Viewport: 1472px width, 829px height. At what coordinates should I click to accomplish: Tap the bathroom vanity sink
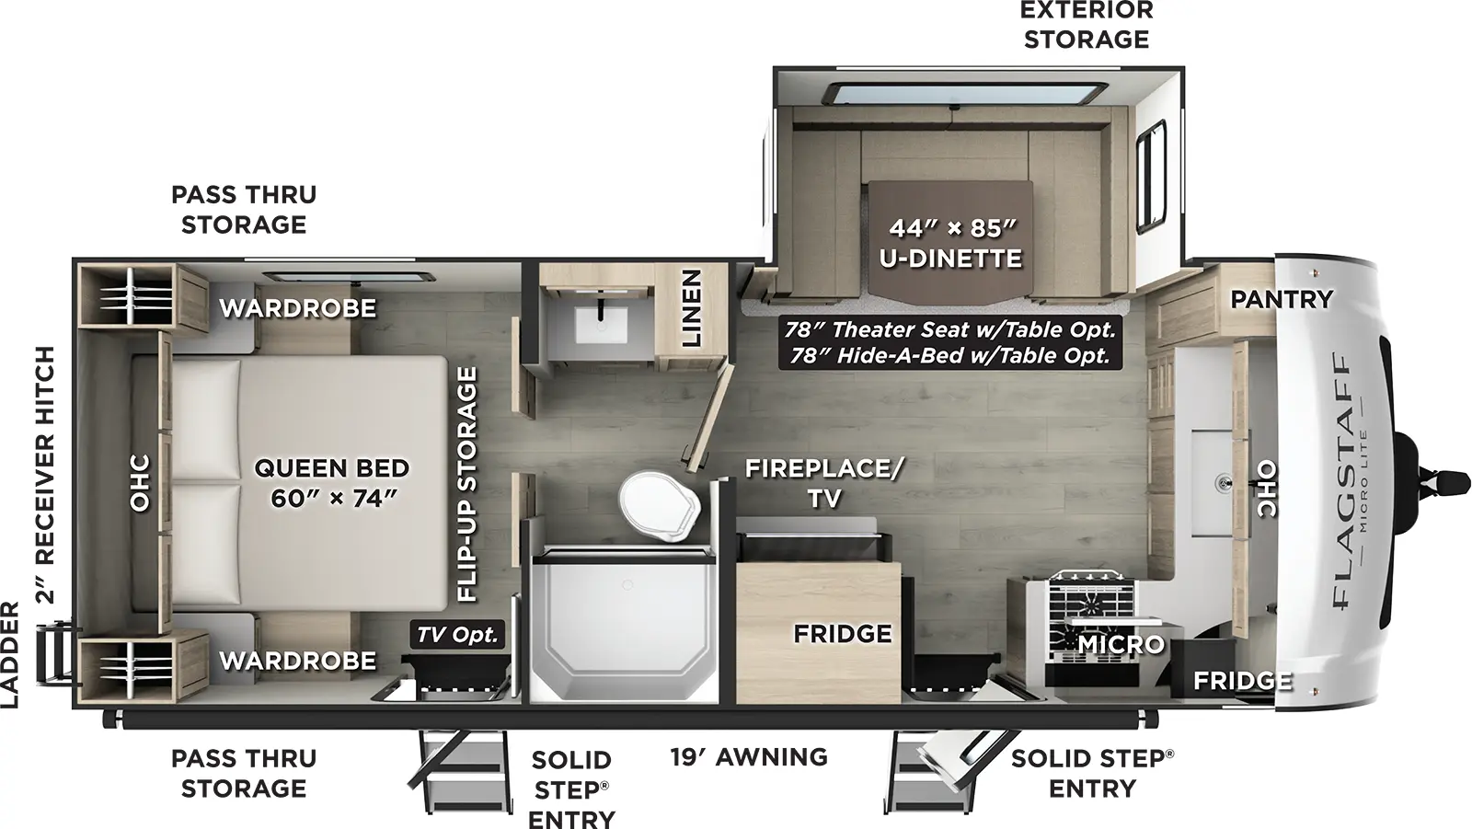pyautogui.click(x=601, y=322)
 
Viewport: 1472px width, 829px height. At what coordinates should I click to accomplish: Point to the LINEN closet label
pyautogui.click(x=692, y=308)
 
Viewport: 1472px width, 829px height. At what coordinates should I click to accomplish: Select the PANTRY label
pyautogui.click(x=1281, y=298)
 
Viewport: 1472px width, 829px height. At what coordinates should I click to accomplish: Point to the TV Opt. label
pyautogui.click(x=457, y=634)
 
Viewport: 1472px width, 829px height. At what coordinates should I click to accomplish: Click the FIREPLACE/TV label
pyautogui.click(x=823, y=482)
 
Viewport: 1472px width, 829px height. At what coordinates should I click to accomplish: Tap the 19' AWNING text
pyautogui.click(x=748, y=756)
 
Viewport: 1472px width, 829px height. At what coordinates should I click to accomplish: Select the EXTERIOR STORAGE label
pyautogui.click(x=1087, y=25)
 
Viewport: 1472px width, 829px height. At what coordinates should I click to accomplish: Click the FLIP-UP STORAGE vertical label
pyautogui.click(x=468, y=484)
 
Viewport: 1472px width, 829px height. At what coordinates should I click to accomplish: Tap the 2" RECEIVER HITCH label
pyautogui.click(x=45, y=475)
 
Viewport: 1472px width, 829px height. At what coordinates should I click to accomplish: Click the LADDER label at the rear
pyautogui.click(x=10, y=654)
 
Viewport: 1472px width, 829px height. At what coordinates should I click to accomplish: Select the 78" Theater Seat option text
pyautogui.click(x=949, y=329)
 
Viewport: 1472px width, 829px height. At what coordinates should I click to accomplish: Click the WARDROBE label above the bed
pyautogui.click(x=297, y=307)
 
